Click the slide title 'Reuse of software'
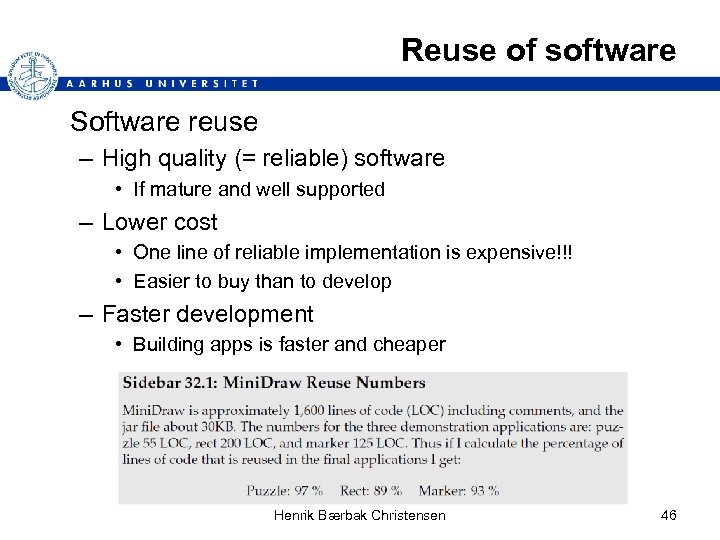point(538,50)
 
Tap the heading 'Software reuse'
point(164,122)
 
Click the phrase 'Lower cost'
point(159,222)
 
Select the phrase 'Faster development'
point(207,314)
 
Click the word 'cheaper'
point(409,344)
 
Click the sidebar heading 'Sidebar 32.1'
point(167,383)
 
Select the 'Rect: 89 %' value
point(369,490)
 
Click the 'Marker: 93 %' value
point(461,490)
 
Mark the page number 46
point(669,515)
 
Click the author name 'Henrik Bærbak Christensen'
point(359,515)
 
